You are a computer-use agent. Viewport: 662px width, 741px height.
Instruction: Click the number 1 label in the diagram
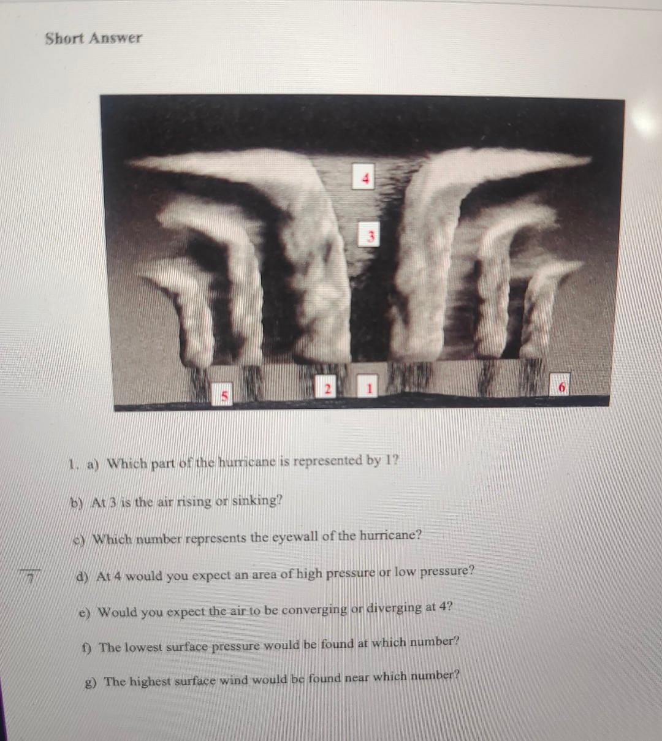(x=368, y=387)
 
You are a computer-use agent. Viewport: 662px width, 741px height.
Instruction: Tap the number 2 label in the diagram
(x=327, y=388)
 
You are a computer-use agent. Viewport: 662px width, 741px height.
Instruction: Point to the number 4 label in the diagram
(x=365, y=178)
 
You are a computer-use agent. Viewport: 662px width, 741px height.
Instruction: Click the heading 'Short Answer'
(x=93, y=38)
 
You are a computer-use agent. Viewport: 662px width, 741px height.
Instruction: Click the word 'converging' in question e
(x=306, y=610)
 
